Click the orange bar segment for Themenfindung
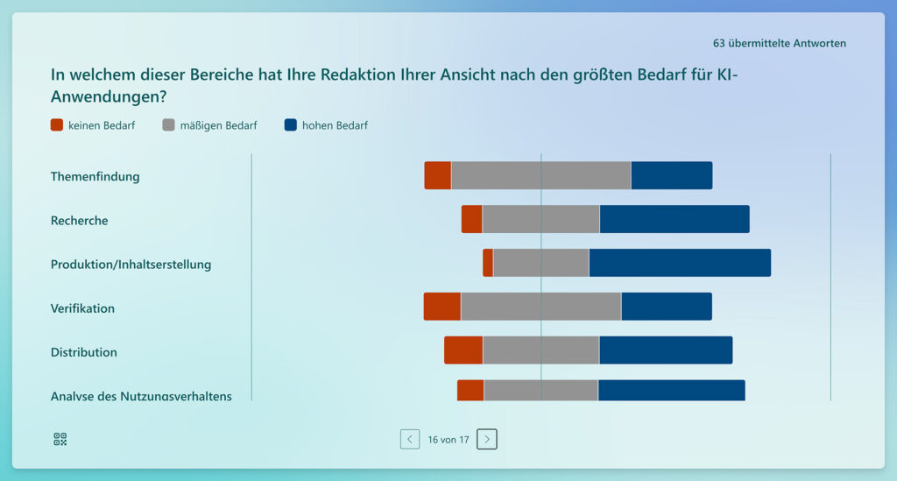(438, 175)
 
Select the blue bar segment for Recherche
(675, 219)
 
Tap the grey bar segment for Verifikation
(540, 307)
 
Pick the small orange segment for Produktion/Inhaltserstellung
(488, 263)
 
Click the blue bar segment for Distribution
(666, 350)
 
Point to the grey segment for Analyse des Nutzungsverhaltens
(540, 391)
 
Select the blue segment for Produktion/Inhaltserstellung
(680, 263)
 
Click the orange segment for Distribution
(463, 350)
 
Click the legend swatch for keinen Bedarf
(57, 125)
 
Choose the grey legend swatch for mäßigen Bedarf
(168, 125)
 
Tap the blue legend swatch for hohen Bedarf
(291, 125)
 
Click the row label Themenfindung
(95, 176)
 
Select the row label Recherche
(80, 221)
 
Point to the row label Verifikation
(83, 308)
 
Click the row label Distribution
(84, 352)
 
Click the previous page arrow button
(410, 439)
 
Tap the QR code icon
(60, 439)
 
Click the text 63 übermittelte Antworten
(780, 43)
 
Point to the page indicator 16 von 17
(448, 439)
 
